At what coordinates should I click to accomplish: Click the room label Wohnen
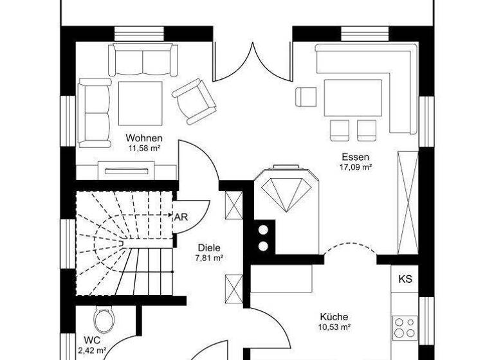click(143, 138)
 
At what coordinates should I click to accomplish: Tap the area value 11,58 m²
click(143, 148)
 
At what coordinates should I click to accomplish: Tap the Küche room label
click(334, 317)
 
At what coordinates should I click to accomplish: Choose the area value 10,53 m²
click(334, 327)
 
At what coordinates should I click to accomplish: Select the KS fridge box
click(405, 280)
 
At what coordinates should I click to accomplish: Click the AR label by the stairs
click(181, 217)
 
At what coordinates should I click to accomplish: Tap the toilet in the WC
click(102, 319)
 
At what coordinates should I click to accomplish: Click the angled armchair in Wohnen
click(194, 100)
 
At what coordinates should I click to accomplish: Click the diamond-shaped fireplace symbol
click(285, 190)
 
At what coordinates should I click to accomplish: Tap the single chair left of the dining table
click(306, 96)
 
